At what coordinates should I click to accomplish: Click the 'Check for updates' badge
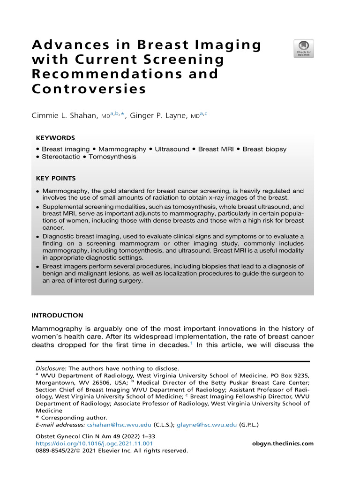click(x=304, y=49)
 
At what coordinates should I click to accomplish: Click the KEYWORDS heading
click(x=55, y=138)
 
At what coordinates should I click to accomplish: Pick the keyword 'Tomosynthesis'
click(x=112, y=157)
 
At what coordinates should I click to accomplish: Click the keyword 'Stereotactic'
click(x=61, y=157)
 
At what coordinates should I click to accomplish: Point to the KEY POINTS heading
click(x=56, y=179)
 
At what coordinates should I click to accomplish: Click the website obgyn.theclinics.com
click(x=283, y=443)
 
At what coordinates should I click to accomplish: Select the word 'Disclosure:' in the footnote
click(x=52, y=368)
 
